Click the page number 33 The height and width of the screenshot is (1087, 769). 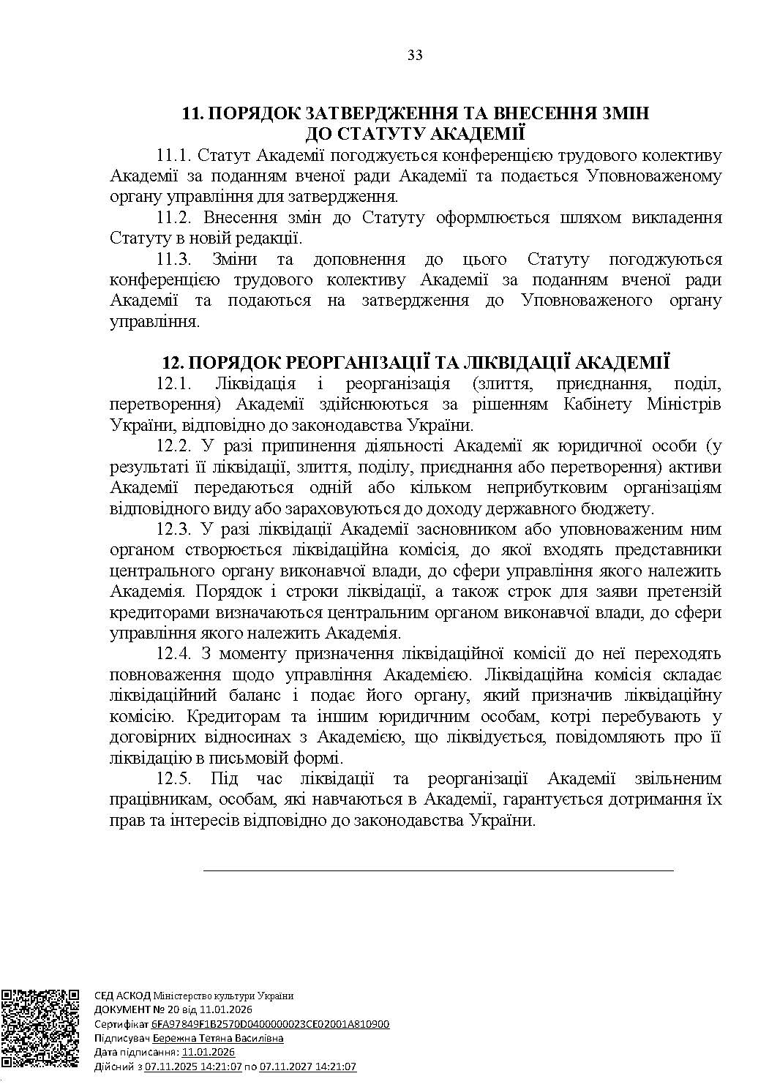click(415, 56)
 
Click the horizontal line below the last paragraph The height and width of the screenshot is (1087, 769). click(438, 870)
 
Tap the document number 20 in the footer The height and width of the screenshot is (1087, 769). click(156, 1009)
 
